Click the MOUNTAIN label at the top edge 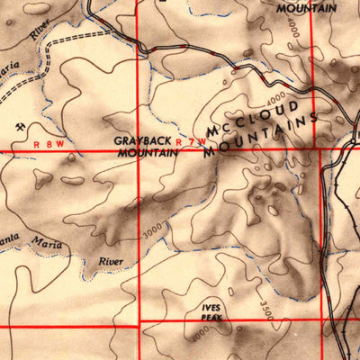(x=306, y=8)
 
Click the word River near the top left (x=39, y=30)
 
